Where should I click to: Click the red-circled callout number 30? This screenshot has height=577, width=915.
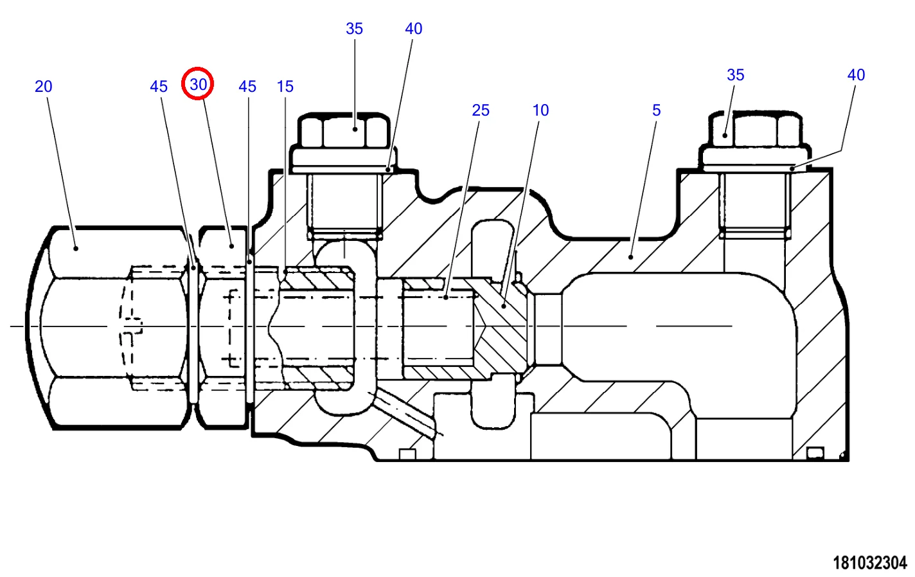click(199, 85)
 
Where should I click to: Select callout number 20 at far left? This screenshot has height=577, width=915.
click(43, 87)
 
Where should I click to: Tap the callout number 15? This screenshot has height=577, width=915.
click(285, 87)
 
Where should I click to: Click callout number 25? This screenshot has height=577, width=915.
click(481, 111)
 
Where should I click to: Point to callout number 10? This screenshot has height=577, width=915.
click(540, 111)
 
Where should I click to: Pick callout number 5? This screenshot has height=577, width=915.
click(657, 111)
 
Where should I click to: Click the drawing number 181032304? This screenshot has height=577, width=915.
click(869, 563)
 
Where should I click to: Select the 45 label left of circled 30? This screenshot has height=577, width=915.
click(159, 87)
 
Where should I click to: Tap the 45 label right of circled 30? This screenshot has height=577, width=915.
click(247, 87)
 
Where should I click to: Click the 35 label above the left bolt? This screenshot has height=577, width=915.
click(354, 28)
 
